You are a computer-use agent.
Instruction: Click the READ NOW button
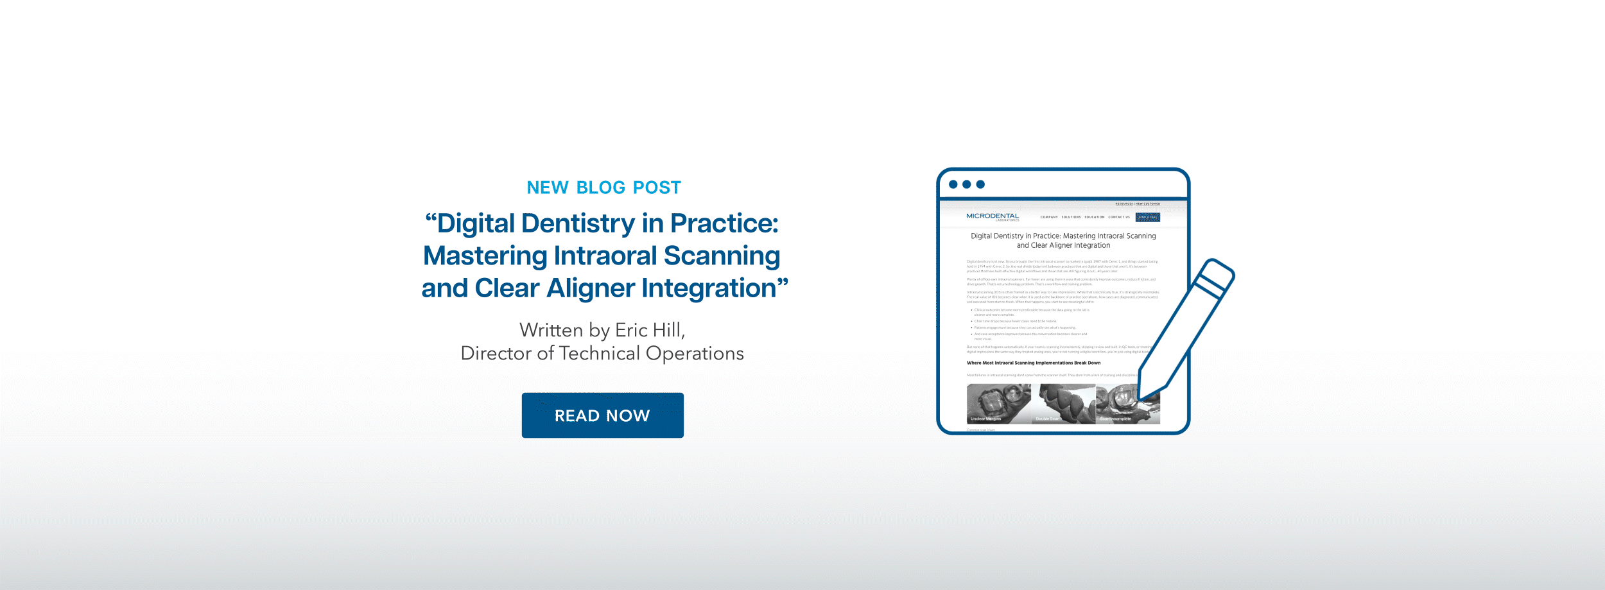(602, 415)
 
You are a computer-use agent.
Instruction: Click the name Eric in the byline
(632, 330)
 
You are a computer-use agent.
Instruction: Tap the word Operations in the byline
(695, 353)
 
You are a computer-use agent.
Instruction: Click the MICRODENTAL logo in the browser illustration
(993, 216)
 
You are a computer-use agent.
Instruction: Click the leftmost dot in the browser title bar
(953, 184)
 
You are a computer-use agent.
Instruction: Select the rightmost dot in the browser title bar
(980, 184)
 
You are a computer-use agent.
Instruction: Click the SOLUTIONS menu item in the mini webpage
(1071, 217)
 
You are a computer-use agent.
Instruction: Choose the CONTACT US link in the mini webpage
(1119, 217)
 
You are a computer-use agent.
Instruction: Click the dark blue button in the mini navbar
(1148, 217)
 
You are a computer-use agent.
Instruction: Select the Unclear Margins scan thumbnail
(998, 404)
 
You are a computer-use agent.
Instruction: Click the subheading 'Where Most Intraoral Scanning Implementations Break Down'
(1034, 363)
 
